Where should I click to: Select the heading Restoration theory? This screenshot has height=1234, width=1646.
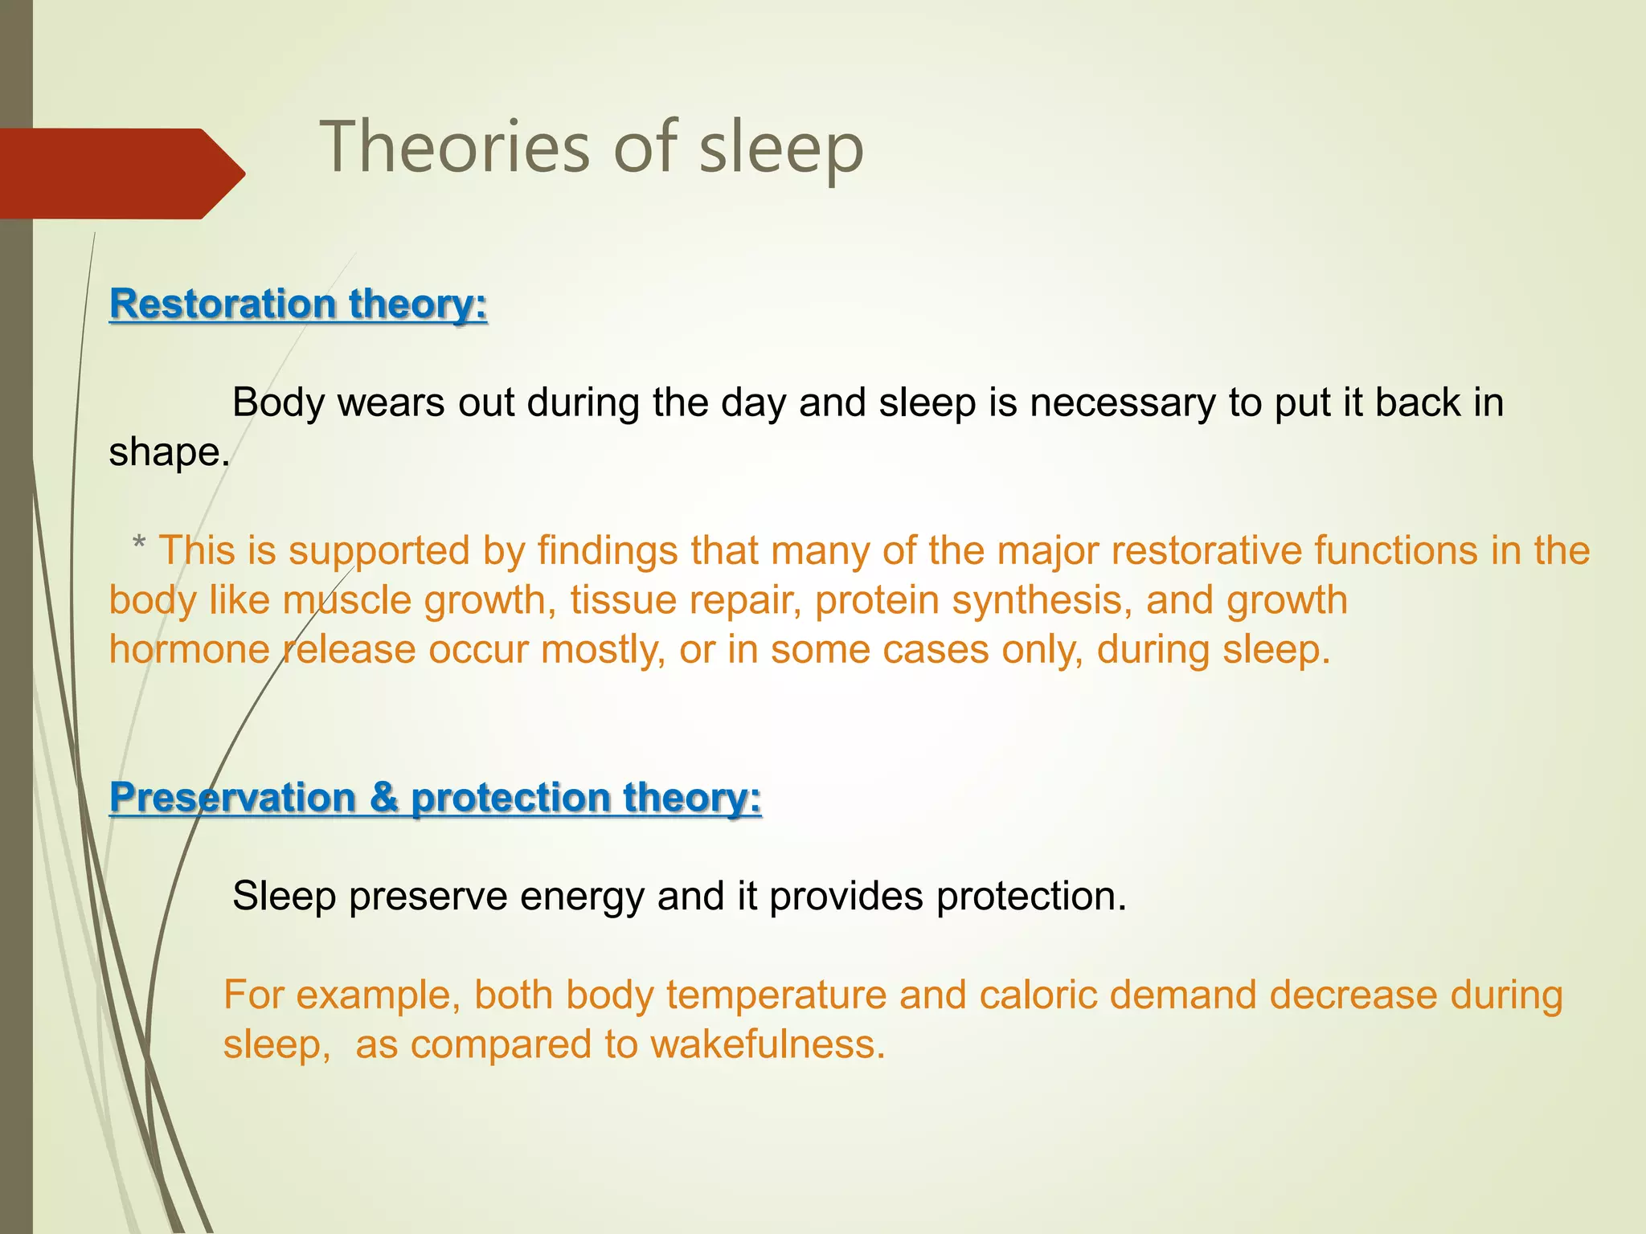click(298, 304)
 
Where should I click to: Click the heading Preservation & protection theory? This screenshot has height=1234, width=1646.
click(435, 798)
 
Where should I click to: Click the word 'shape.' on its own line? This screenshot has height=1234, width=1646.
click(170, 452)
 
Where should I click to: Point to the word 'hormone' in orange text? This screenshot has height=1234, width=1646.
click(190, 649)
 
